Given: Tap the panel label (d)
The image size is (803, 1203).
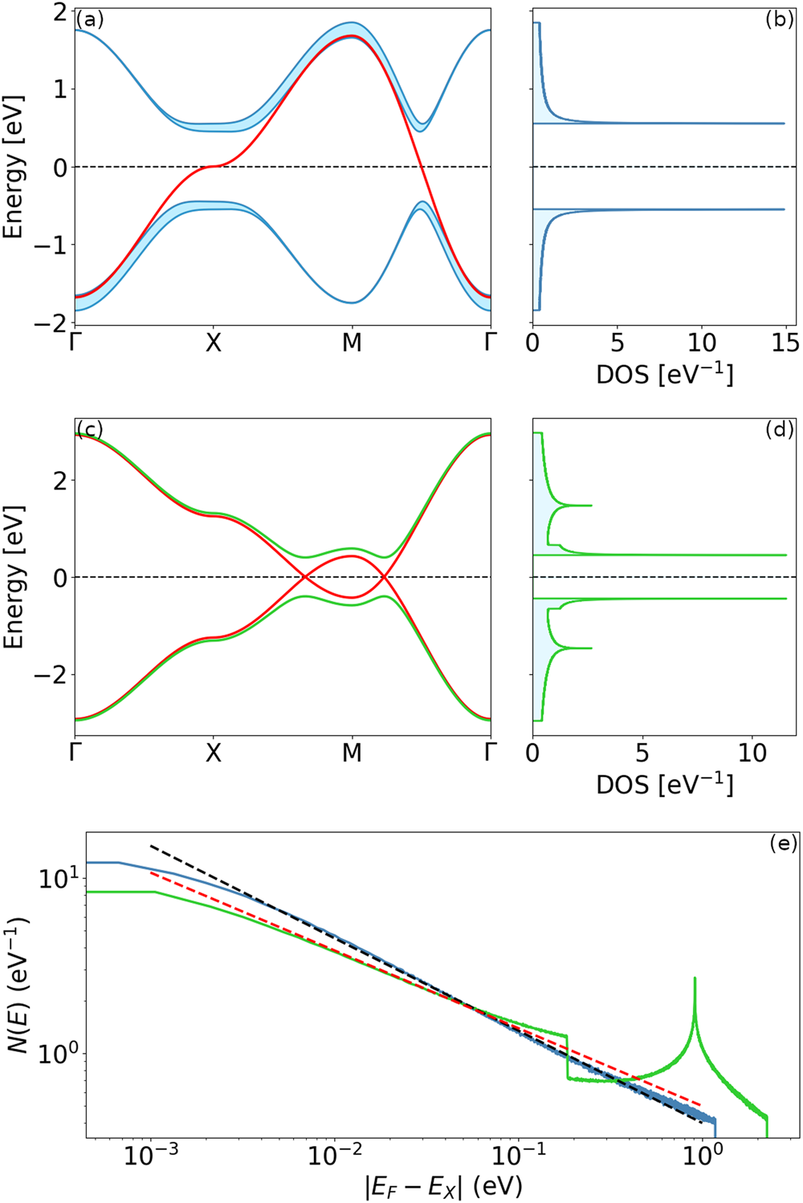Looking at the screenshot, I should coord(779,430).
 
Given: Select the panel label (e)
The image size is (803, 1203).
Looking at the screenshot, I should coord(782,843).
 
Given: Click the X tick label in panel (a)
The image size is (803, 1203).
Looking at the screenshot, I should coord(213,343).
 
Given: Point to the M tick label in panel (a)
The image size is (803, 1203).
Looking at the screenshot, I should coord(352,343).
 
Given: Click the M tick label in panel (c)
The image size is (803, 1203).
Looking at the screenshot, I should coord(352,753).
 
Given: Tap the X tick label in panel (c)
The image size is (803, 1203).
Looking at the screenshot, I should coord(213,753).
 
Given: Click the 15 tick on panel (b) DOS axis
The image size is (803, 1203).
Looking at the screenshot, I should coord(785,343).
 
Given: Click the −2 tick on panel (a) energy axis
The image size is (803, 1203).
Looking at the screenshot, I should coord(50,323).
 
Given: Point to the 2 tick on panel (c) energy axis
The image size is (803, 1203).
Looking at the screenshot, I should coord(59,481).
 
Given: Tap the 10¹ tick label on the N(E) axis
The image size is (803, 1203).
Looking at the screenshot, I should coord(59,879).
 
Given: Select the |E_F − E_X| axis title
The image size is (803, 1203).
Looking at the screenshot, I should coord(442,1186).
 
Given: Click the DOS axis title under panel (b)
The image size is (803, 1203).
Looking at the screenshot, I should coord(664,375).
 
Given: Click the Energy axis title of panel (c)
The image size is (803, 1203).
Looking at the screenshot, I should coord(14,577).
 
